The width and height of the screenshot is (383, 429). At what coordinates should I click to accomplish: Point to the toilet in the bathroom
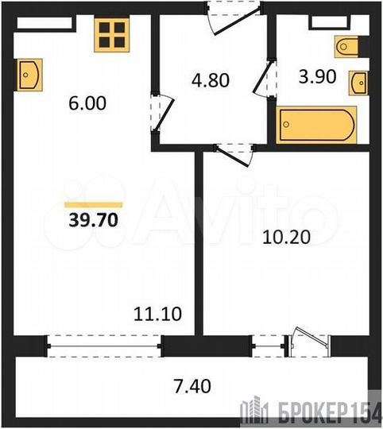click(x=349, y=47)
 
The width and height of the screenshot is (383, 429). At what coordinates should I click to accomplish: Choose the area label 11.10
click(x=162, y=315)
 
